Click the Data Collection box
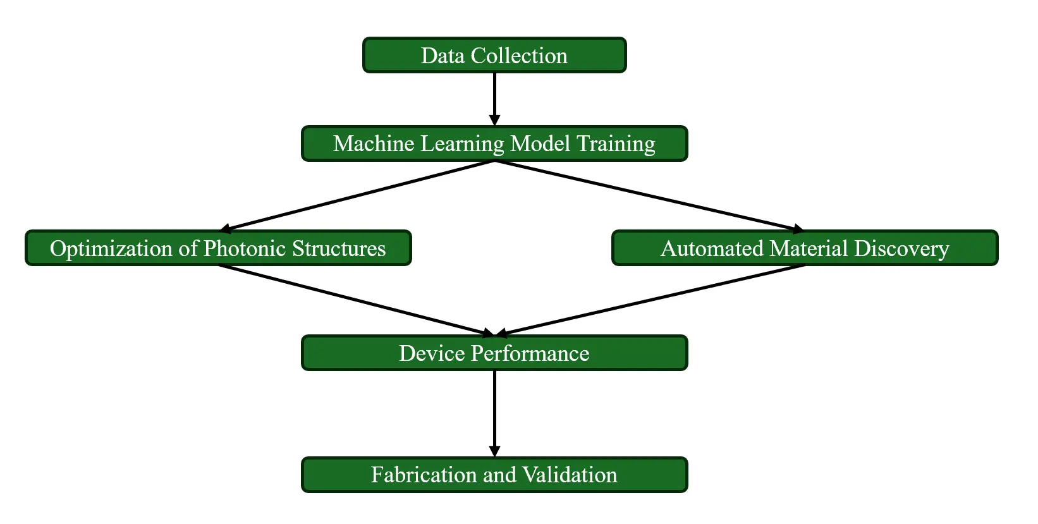click(x=494, y=56)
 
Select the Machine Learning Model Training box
click(x=494, y=144)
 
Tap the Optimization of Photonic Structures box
click(x=218, y=248)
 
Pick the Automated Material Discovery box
click(x=805, y=248)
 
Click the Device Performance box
click(x=494, y=353)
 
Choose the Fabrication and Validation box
click(x=494, y=475)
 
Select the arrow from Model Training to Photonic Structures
click(x=357, y=196)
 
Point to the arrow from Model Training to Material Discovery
click(x=649, y=196)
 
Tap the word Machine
click(x=374, y=144)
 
